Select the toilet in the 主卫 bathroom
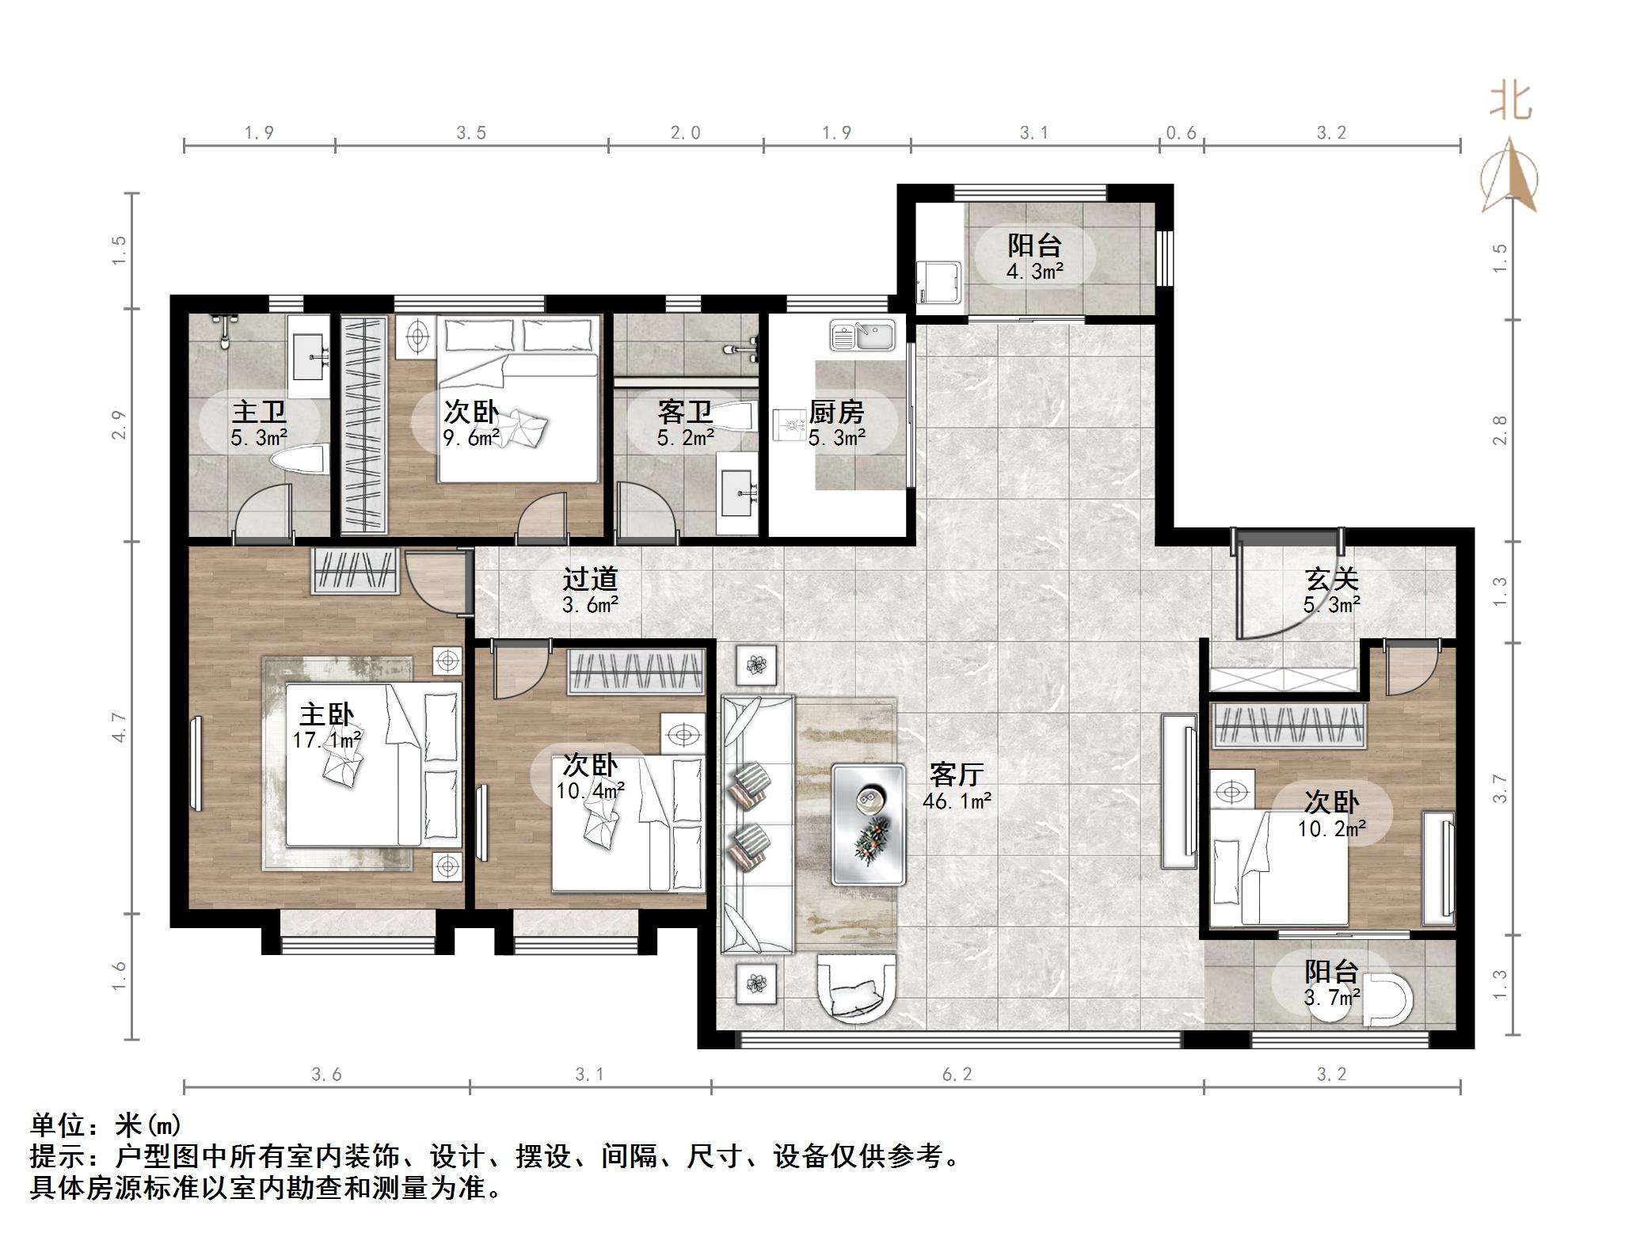[300, 460]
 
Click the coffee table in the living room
[868, 824]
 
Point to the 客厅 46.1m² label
[957, 786]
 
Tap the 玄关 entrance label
[1331, 591]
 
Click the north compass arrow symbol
[1510, 179]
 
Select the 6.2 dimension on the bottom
[957, 1075]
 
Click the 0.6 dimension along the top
[1181, 133]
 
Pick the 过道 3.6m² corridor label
[590, 591]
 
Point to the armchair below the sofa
[857, 989]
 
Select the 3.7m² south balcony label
[1331, 984]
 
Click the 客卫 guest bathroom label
[685, 424]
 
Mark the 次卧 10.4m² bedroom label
[590, 778]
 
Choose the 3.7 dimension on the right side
[1500, 789]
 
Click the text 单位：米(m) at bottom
[106, 1125]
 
